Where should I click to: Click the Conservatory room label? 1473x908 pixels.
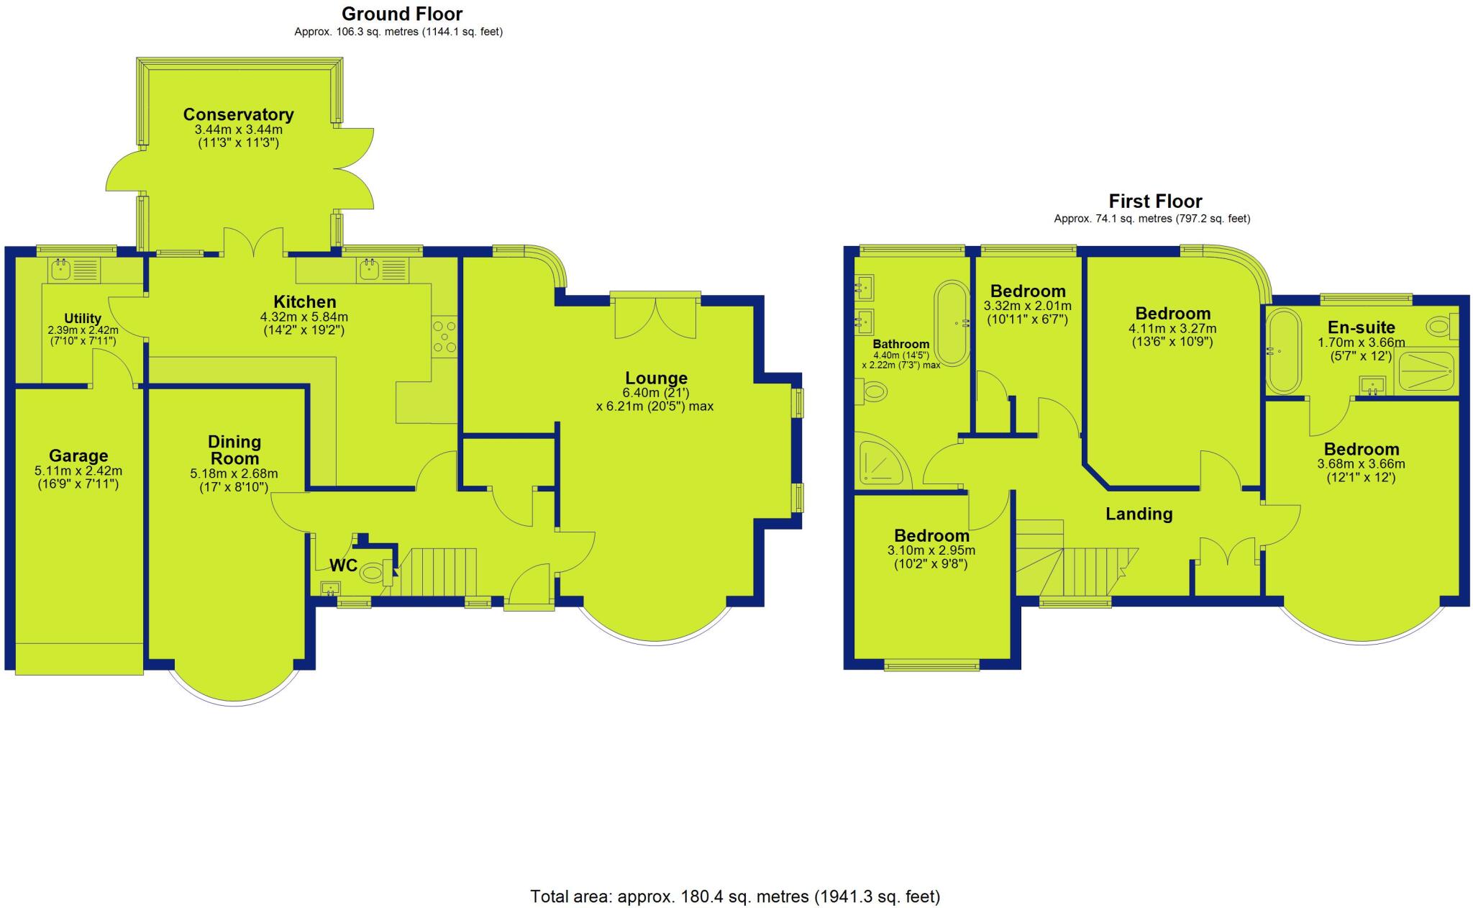click(238, 114)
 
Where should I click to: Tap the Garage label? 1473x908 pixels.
click(78, 455)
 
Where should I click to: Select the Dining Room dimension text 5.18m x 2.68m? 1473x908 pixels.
click(234, 474)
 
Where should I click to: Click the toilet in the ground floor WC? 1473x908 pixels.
click(373, 573)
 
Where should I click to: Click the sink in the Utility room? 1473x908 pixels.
click(59, 271)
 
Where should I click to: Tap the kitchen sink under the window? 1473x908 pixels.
click(370, 271)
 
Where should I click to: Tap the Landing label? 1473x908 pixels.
click(1139, 514)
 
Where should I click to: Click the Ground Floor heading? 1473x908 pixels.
click(401, 14)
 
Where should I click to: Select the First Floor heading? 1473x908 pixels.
click(1155, 201)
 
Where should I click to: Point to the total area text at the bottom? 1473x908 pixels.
click(735, 896)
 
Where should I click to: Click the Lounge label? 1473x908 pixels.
click(656, 378)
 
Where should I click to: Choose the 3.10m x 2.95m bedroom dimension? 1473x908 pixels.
click(931, 550)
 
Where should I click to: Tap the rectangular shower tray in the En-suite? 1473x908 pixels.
click(1425, 372)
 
